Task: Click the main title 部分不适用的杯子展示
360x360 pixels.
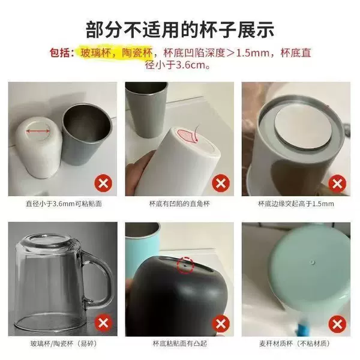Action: (x=180, y=30)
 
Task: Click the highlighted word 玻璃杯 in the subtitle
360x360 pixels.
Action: (x=94, y=53)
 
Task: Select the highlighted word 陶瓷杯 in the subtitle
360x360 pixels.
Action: (x=137, y=53)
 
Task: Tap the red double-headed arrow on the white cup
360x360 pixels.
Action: (x=38, y=131)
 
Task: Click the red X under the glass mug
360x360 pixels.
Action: (x=103, y=323)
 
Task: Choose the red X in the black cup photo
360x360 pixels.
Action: (x=221, y=324)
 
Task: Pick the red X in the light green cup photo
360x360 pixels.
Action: (x=337, y=324)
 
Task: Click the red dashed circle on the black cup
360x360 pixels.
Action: (x=185, y=265)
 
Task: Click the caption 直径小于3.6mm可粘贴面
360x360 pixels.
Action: (x=64, y=203)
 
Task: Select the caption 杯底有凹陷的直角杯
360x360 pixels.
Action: (x=179, y=203)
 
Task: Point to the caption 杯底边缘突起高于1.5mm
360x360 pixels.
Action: (x=296, y=203)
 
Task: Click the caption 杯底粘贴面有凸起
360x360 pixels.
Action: (x=180, y=343)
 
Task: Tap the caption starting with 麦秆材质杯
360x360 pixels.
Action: (x=295, y=343)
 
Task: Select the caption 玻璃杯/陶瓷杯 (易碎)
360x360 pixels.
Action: (x=64, y=343)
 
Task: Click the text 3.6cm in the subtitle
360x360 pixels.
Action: (x=190, y=65)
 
